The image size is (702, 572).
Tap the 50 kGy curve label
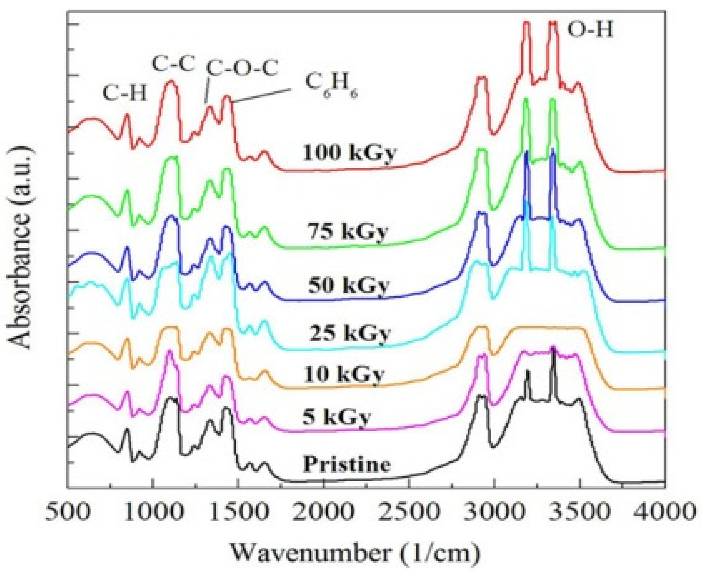click(348, 285)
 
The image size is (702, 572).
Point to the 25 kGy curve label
click(350, 332)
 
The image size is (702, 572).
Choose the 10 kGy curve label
click(344, 375)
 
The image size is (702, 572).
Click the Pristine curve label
click(347, 464)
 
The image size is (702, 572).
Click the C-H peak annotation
click(125, 93)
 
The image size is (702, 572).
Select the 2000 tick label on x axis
click(323, 512)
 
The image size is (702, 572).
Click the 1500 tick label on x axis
click(238, 512)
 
